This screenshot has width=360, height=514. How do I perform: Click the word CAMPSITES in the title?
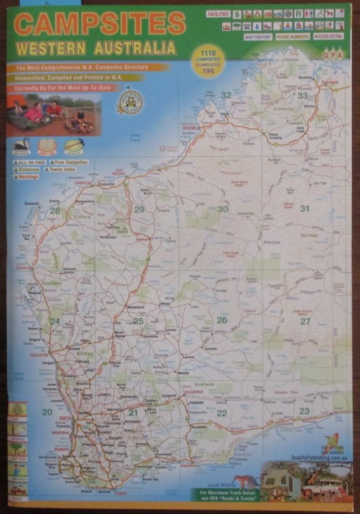point(99,24)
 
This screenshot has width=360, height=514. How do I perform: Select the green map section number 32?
point(226,95)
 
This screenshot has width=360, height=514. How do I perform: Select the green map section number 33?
point(302,96)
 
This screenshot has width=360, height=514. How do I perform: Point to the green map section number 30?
point(223,209)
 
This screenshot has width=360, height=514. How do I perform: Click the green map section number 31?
point(304,209)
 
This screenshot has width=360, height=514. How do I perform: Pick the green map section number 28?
point(54,211)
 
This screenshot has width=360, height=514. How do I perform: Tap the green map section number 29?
point(139,210)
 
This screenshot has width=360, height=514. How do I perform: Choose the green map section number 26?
point(221,320)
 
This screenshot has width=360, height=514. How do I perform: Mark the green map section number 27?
point(304,321)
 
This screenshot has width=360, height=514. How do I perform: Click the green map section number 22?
point(221,413)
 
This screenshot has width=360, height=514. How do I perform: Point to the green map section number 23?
point(304,411)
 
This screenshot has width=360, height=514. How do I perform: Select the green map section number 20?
point(47,412)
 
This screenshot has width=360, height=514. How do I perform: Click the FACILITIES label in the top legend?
point(218,13)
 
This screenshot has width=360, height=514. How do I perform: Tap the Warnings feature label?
point(26,177)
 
